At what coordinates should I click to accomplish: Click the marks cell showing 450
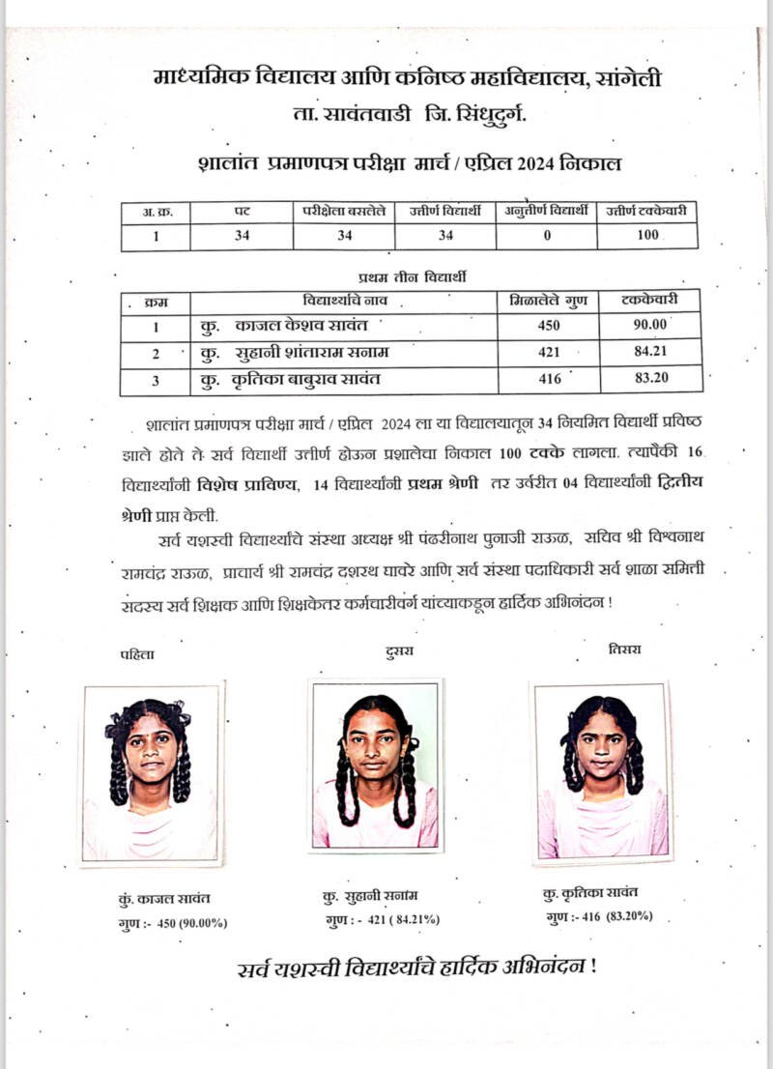548,326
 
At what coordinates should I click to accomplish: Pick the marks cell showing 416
548,379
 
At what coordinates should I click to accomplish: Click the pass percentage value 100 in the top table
647,235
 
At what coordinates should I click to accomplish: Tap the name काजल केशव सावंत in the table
290,327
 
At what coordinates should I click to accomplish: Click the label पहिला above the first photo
137,655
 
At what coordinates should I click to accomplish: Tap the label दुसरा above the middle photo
397,650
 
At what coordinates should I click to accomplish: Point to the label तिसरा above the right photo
624,649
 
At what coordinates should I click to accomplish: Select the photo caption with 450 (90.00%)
172,923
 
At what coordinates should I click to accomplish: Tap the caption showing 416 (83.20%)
600,914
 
